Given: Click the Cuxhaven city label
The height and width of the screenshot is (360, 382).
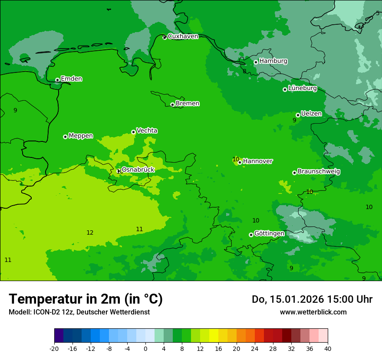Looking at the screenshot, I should [x=183, y=36].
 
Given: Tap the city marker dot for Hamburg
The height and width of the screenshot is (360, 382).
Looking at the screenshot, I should [x=256, y=62].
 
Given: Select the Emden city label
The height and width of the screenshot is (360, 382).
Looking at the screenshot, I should [x=71, y=79].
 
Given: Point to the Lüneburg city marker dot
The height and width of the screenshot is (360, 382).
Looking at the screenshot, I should [x=285, y=89].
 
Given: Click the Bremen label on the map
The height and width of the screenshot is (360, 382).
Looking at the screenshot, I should [x=188, y=104].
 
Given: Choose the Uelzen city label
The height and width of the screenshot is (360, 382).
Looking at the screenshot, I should [x=311, y=114].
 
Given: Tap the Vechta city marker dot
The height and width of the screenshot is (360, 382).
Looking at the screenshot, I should [x=133, y=132].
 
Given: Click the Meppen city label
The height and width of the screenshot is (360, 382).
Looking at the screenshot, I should [x=81, y=136].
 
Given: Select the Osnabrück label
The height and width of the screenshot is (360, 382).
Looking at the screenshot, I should [x=138, y=170].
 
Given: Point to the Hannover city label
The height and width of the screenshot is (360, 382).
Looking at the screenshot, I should [x=257, y=161].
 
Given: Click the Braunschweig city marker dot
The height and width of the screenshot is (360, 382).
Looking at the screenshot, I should [x=294, y=173].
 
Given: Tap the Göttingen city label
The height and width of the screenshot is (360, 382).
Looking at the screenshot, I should [x=269, y=233].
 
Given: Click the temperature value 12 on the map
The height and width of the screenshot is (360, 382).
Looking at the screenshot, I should [x=90, y=233].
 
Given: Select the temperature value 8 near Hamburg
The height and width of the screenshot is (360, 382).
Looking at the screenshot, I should [x=244, y=72].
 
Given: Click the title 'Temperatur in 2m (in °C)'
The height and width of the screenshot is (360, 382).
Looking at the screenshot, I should [x=86, y=299].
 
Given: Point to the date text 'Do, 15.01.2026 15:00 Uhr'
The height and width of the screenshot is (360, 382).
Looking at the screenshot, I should [x=312, y=299].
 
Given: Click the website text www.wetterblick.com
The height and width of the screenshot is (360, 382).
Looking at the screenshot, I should [x=313, y=312].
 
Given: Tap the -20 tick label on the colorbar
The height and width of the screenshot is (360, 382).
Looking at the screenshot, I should [x=54, y=349].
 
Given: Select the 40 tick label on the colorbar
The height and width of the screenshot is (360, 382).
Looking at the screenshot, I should [x=327, y=349].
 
